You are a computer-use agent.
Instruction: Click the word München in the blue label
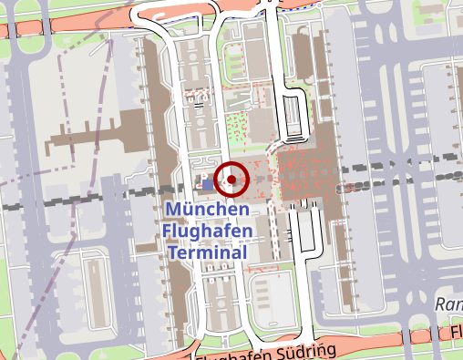[x=207, y=211]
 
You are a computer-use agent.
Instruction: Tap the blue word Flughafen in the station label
[x=207, y=231]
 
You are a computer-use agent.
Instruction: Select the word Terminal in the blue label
[x=207, y=252]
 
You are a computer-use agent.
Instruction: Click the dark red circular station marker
[x=232, y=180]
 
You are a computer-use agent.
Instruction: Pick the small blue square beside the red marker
[x=208, y=184]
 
